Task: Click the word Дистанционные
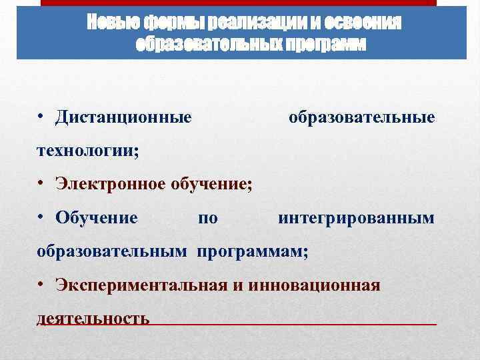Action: click(124, 118)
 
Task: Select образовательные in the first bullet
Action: click(361, 118)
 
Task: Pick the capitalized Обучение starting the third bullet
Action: click(97, 218)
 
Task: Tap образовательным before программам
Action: click(112, 252)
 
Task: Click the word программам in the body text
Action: click(251, 252)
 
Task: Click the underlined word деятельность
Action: click(93, 319)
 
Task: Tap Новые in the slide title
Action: click(108, 23)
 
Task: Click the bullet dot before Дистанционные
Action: click(41, 118)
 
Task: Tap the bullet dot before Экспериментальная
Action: click(41, 286)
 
